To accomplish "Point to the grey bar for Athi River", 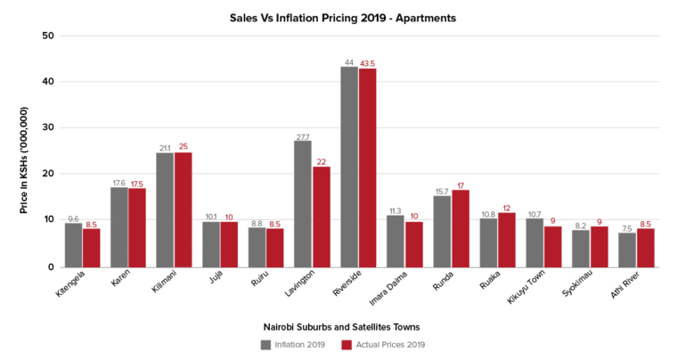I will pos(627,250).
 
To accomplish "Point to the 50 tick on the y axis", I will pos(49,36).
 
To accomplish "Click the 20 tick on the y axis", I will pos(49,174).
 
